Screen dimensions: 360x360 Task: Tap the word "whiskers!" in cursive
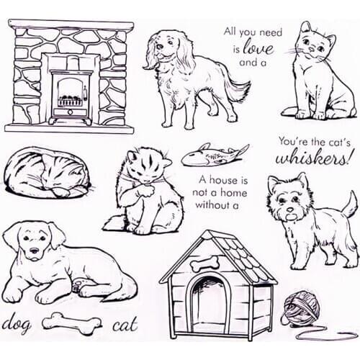click(x=315, y=158)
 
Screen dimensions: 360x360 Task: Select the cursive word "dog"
click(x=19, y=322)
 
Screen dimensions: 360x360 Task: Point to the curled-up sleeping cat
click(x=45, y=173)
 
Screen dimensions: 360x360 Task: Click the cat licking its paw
click(x=140, y=191)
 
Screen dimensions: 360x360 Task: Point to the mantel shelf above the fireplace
click(x=70, y=25)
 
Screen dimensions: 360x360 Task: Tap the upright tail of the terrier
click(x=350, y=204)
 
